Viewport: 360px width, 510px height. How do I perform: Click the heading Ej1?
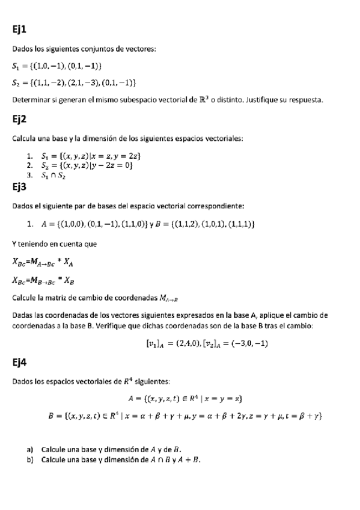(x=20, y=28)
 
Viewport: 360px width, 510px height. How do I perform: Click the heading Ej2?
(x=20, y=118)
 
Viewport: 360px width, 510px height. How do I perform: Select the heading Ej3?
(x=20, y=186)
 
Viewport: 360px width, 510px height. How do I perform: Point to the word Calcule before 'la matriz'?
(x=24, y=297)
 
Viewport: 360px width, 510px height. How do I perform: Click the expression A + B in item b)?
(x=189, y=459)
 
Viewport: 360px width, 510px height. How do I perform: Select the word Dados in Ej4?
(x=23, y=381)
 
